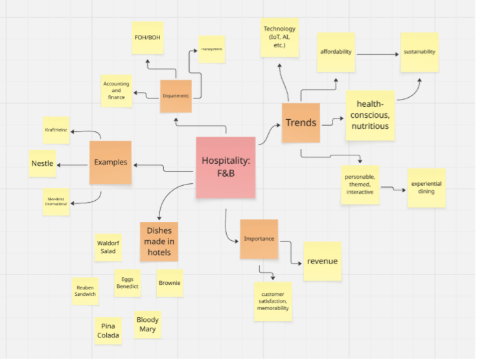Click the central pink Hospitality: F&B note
tap(226, 167)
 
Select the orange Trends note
tap(301, 123)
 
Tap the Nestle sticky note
tap(43, 163)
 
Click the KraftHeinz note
tap(56, 130)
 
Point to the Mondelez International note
tap(56, 201)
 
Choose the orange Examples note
tap(110, 163)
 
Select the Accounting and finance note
tap(117, 91)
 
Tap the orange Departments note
tap(176, 96)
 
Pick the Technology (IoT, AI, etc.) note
tap(279, 38)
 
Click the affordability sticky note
tap(336, 52)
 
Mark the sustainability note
tap(419, 52)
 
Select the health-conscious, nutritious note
tap(370, 115)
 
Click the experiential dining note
tap(426, 188)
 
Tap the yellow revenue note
tap(323, 262)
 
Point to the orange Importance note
tap(259, 239)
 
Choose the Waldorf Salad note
tap(108, 247)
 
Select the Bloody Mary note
tap(147, 324)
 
